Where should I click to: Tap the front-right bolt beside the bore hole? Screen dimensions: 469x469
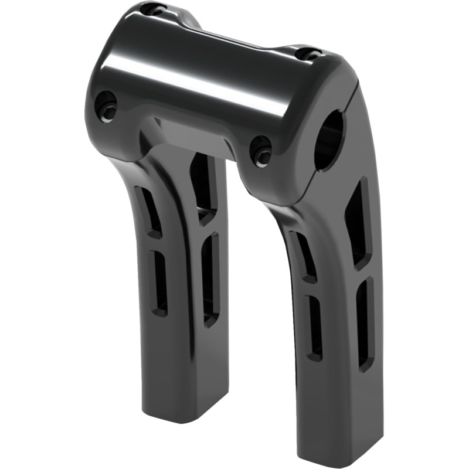coord(260,150)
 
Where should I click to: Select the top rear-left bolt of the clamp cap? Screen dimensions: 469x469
coord(156,9)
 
